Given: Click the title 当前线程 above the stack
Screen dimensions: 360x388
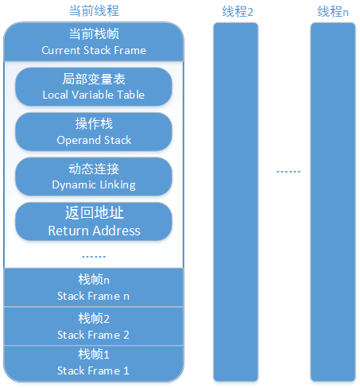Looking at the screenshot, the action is point(94,11).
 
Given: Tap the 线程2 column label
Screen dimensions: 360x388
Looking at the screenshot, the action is point(238,12).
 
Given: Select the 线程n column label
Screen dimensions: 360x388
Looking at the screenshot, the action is point(333,12).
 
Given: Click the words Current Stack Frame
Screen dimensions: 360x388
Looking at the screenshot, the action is point(94,50).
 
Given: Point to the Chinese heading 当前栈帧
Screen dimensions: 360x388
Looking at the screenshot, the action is point(94,34).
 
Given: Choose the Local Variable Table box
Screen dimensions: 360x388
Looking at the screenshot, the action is point(94,87).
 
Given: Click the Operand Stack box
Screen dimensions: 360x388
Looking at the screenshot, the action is point(94,132).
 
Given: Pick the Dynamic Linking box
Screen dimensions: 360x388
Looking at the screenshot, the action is point(94,177).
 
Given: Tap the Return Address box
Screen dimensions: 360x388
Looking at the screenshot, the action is point(94,222).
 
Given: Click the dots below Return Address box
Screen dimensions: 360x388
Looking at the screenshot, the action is point(94,257).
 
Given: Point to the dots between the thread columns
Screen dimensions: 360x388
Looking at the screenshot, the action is point(288,172).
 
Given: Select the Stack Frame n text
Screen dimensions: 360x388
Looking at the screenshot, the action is point(93,296).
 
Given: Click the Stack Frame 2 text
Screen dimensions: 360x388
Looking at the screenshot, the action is point(93,335).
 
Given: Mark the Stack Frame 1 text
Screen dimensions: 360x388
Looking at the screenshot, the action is point(93,371).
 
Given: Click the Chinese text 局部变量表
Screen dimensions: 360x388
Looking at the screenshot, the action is point(94,79).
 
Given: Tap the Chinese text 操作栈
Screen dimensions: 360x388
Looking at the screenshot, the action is point(94,124).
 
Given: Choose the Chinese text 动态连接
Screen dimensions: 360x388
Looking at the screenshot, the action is point(94,169).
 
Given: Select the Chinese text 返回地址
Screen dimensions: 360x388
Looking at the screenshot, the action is point(95,213).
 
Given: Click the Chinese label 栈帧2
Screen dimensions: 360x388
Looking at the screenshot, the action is point(94,319).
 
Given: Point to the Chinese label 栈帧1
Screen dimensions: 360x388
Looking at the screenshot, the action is point(94,355).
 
